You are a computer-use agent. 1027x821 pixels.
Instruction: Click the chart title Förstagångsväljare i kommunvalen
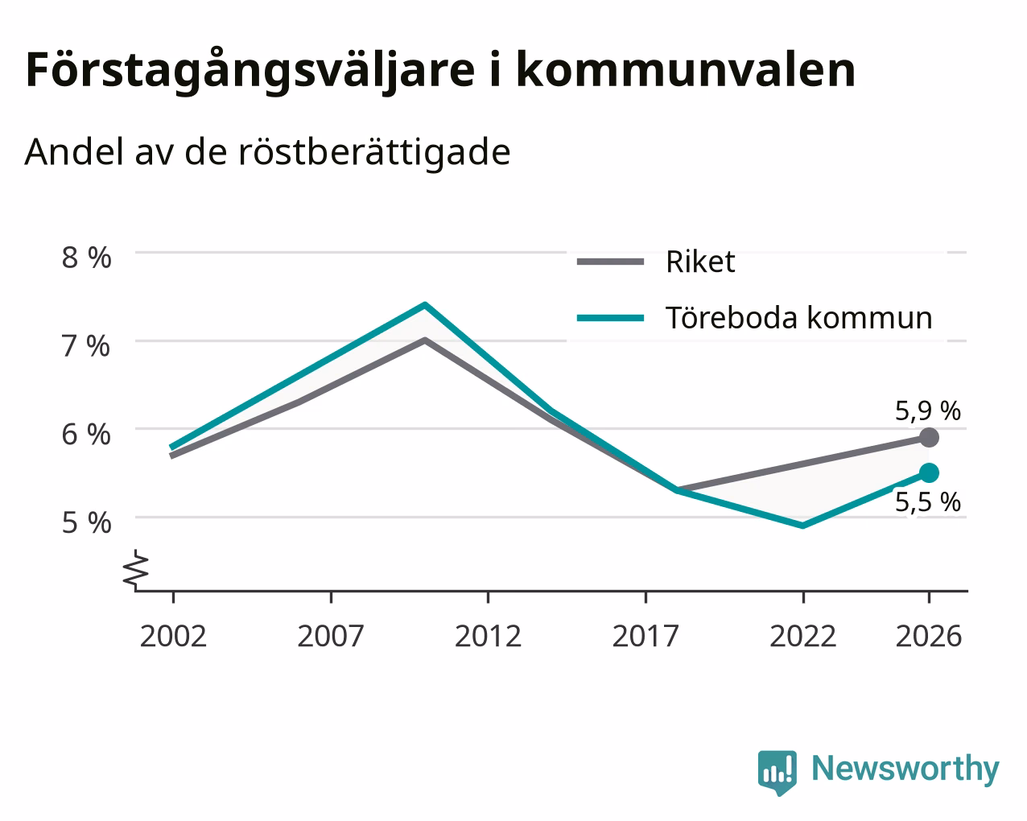point(440,72)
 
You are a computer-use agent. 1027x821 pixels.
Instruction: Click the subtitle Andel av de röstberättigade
point(268,153)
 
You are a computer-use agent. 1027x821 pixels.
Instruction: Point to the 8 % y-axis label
point(86,258)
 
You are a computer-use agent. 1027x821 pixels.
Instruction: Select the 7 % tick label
point(86,346)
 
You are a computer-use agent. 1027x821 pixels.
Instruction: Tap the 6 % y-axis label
point(86,435)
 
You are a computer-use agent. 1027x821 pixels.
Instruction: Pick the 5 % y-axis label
point(86,522)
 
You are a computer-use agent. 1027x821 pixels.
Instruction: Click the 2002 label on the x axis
point(173,636)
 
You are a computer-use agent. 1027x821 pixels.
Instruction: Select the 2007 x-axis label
point(331,636)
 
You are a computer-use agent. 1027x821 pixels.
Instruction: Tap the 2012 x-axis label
point(489,636)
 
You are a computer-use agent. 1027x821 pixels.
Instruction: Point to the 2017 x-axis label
point(645,636)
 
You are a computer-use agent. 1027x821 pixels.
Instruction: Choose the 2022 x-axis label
point(803,636)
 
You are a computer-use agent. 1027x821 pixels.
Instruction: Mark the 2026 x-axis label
point(929,636)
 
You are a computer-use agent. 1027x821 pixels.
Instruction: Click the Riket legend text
point(700,262)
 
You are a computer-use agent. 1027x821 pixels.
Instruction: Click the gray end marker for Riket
point(929,437)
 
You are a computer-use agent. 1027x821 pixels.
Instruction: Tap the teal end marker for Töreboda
point(929,473)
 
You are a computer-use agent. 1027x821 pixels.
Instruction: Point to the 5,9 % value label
point(928,411)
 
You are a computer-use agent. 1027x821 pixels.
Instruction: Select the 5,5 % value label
point(928,502)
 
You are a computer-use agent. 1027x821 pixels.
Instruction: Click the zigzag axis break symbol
point(136,569)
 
